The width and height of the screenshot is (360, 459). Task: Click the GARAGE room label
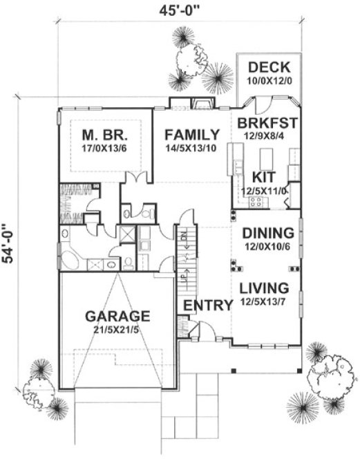pos(117,316)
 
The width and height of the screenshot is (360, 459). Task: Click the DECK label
pos(269,68)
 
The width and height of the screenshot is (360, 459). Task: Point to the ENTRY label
pos(207,306)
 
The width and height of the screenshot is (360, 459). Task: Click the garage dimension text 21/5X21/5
pos(117,330)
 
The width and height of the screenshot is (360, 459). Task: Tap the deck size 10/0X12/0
pos(269,80)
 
